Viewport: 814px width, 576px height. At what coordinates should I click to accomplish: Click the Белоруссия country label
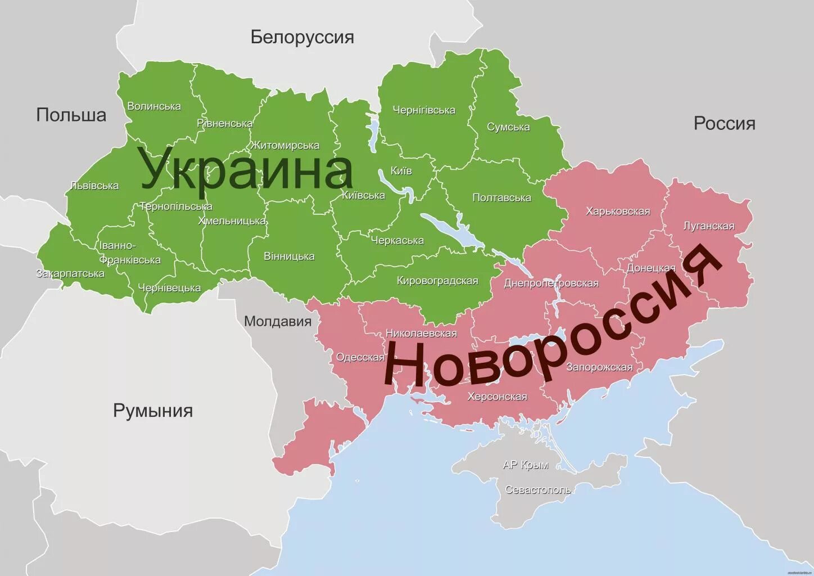click(302, 37)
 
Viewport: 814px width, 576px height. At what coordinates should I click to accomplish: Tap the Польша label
click(71, 115)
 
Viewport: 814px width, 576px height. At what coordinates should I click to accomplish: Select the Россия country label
click(724, 123)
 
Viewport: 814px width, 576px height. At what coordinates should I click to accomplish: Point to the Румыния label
click(153, 410)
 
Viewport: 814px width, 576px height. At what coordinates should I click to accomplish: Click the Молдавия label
click(278, 321)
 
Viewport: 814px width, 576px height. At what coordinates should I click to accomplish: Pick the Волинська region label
click(154, 106)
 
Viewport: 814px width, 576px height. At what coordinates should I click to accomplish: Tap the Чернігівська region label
click(424, 110)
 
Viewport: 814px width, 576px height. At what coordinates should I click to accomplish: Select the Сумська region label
click(508, 127)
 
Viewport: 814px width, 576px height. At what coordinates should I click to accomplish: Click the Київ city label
click(401, 170)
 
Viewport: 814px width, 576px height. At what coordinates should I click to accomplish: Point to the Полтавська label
click(501, 197)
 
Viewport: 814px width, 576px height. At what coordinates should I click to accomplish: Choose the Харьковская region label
click(618, 211)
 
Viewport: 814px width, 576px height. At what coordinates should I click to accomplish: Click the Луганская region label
click(708, 226)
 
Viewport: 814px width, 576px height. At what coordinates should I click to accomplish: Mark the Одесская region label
click(360, 357)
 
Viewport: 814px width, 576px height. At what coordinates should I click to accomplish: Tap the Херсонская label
click(497, 397)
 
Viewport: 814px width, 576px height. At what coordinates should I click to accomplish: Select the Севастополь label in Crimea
click(538, 489)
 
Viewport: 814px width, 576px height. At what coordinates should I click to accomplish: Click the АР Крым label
click(525, 465)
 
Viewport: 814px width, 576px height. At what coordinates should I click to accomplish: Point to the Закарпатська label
click(70, 273)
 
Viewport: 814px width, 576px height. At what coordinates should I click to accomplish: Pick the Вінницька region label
click(289, 256)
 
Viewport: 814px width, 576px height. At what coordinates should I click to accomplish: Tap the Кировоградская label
click(437, 281)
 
